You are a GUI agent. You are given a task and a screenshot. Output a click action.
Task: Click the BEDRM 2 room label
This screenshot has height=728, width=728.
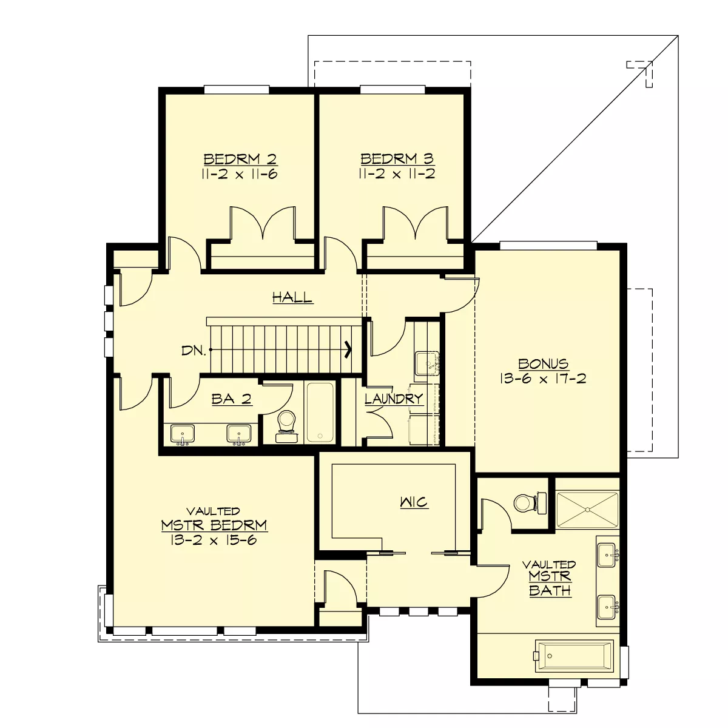240,159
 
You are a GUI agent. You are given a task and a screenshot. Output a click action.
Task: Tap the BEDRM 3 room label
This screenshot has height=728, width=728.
397,158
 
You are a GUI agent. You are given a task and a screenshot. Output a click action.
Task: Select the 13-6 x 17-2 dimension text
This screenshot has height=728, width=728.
543,379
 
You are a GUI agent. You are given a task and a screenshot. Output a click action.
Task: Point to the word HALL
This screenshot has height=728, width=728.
292,297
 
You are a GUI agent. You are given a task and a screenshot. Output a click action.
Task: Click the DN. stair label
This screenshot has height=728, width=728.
194,351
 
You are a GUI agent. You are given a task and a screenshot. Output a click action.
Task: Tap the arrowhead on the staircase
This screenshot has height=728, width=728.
348,349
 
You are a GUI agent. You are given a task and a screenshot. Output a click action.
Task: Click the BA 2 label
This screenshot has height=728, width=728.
232,399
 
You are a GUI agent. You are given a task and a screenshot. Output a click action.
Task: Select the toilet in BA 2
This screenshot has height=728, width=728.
286,426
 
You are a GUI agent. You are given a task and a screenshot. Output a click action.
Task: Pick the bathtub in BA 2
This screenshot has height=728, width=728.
320,412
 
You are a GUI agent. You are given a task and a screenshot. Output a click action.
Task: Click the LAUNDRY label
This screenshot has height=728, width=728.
394,399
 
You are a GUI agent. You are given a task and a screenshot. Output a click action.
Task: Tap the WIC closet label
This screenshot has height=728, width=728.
414,502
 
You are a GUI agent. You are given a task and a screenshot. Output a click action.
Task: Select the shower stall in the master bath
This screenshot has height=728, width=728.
587,510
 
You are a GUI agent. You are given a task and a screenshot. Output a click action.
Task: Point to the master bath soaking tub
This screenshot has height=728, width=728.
575,656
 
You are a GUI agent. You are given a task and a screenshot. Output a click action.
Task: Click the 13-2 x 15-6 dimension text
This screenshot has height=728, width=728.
214,540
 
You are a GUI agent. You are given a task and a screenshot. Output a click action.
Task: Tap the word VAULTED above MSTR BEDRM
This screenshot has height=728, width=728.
214,511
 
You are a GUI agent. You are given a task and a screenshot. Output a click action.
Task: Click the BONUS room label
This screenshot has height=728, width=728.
543,364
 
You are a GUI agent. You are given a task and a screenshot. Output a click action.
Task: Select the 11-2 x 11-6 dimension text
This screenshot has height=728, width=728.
240,174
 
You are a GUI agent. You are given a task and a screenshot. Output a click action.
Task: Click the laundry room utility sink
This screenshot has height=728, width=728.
427,363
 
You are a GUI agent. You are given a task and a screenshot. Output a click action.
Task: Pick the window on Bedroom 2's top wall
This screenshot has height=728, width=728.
237,90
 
